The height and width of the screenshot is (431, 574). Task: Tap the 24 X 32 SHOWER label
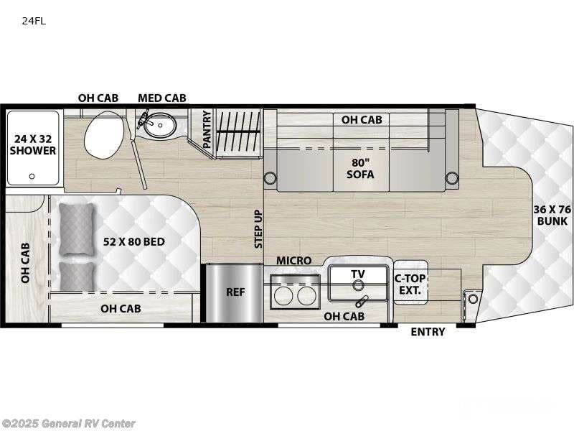33,144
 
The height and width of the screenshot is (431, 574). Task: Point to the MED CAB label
161,98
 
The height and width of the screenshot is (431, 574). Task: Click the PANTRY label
207,129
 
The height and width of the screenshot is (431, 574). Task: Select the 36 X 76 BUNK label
551,215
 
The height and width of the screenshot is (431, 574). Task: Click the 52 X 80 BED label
133,241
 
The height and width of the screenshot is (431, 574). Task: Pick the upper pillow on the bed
76,229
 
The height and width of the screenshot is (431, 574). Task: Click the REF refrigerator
234,292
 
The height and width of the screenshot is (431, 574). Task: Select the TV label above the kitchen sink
358,274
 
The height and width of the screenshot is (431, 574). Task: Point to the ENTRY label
428,332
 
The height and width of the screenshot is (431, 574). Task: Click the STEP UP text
258,229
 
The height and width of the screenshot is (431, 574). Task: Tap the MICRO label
294,260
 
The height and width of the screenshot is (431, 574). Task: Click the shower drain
31,175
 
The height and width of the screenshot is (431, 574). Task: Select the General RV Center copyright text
69,424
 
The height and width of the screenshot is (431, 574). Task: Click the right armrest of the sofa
451,177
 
